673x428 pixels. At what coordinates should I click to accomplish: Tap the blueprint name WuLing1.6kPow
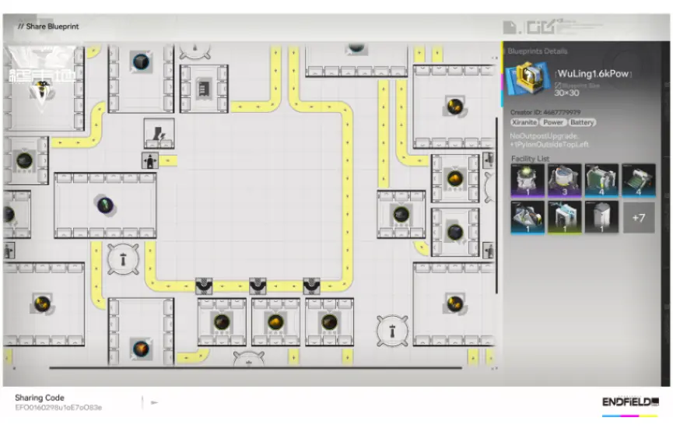pyautogui.click(x=594, y=74)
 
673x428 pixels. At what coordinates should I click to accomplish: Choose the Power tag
pyautogui.click(x=553, y=122)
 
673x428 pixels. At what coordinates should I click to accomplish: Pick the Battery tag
pyautogui.click(x=582, y=122)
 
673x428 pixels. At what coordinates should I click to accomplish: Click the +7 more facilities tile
pyautogui.click(x=638, y=217)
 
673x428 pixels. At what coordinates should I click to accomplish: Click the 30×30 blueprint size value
pyautogui.click(x=569, y=93)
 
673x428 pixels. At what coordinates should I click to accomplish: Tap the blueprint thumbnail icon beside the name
pyautogui.click(x=528, y=79)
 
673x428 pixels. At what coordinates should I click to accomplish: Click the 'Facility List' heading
pyautogui.click(x=530, y=159)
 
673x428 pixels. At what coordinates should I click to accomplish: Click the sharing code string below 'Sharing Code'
pyautogui.click(x=58, y=407)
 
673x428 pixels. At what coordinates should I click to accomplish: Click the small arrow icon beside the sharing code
pyautogui.click(x=154, y=402)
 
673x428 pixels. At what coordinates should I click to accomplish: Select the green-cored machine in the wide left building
pyautogui.click(x=105, y=205)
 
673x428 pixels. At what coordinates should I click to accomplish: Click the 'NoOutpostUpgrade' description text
pyautogui.click(x=545, y=136)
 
